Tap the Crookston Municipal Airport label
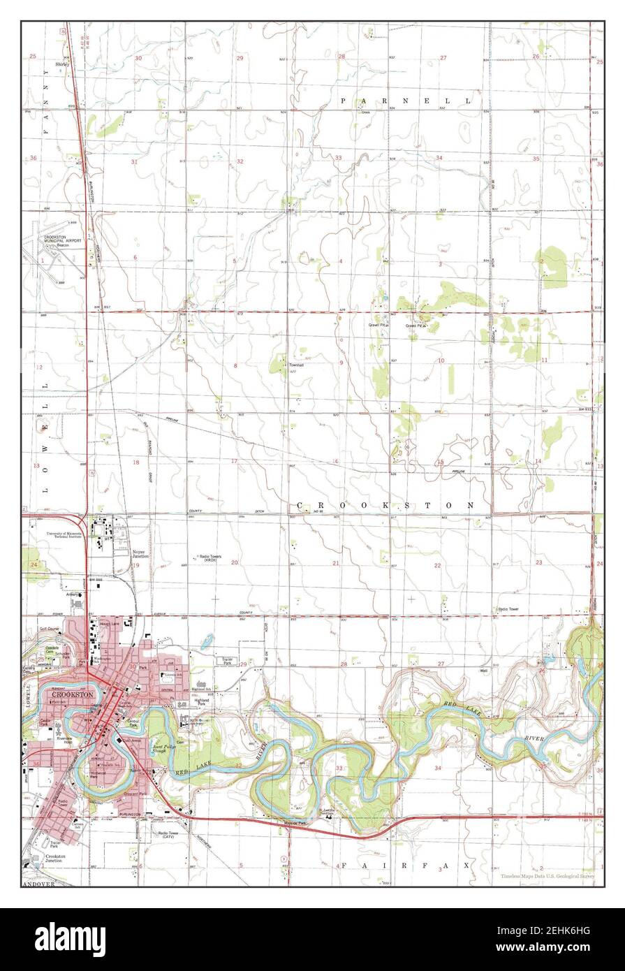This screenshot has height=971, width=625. coord(63,240)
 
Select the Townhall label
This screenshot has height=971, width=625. coord(297,365)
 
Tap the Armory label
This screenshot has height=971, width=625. coord(72,594)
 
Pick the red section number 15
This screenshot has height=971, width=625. coord(440,462)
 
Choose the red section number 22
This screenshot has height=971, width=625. coord(438,565)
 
